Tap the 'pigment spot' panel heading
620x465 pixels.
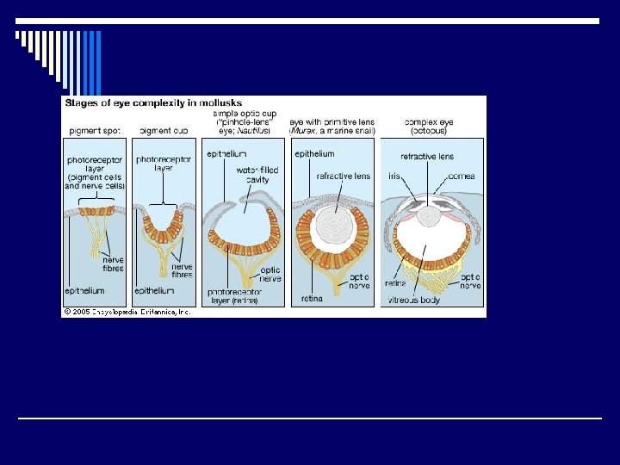click(x=92, y=130)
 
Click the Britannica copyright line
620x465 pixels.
click(x=127, y=311)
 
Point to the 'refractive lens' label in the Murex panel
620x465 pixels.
click(x=343, y=176)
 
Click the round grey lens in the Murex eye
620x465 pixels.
click(x=332, y=227)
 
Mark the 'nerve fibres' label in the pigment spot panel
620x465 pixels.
click(x=113, y=263)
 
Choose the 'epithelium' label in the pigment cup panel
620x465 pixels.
click(x=155, y=291)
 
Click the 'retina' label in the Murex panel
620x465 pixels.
click(x=311, y=299)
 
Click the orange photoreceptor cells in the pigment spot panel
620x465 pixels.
click(x=96, y=210)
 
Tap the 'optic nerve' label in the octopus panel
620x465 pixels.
click(x=470, y=281)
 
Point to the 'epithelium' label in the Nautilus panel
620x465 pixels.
click(x=226, y=154)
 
